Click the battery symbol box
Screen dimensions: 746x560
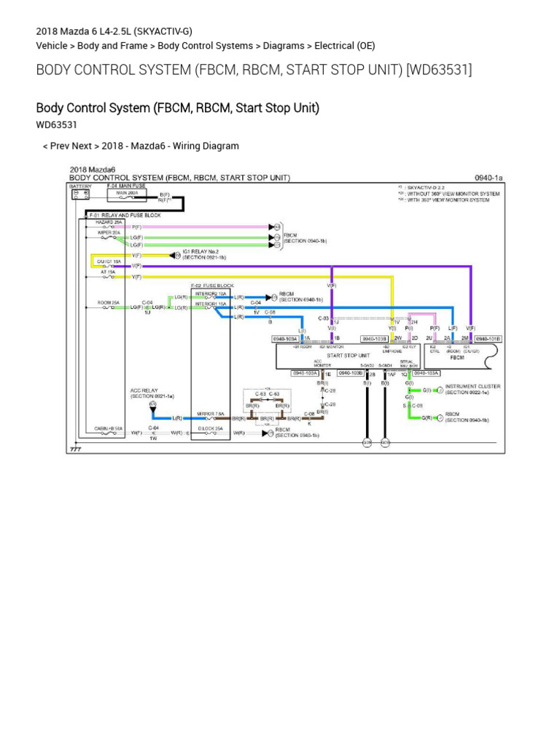80,195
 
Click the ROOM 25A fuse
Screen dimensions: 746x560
109,305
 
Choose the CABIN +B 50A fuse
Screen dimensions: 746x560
108,431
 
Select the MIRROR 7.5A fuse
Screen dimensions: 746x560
210,416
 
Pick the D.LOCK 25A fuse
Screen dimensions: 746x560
210,431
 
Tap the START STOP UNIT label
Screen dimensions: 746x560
346,356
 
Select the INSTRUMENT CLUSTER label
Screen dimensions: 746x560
472,386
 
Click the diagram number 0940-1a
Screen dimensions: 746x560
489,177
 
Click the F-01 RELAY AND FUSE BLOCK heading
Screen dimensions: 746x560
125,216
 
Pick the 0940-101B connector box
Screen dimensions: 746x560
488,339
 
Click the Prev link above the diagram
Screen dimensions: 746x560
60,146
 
